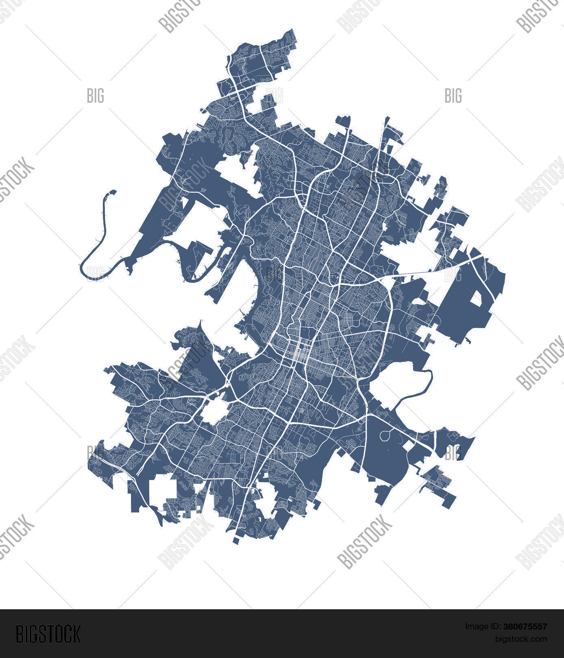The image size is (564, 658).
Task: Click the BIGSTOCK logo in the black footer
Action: coord(48,634)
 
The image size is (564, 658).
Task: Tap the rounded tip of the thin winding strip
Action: coord(112,192)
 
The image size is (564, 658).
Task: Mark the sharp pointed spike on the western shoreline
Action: coord(200,325)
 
